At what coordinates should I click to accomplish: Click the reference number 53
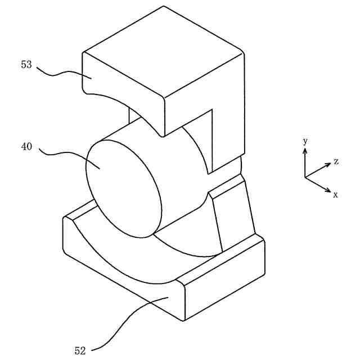[26, 65]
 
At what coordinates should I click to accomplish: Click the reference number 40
[26, 147]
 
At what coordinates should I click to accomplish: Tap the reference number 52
[80, 350]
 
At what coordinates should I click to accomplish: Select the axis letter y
[305, 141]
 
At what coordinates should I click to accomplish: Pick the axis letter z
[336, 161]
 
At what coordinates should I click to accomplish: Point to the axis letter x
[335, 195]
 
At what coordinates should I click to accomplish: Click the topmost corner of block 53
[164, 6]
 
